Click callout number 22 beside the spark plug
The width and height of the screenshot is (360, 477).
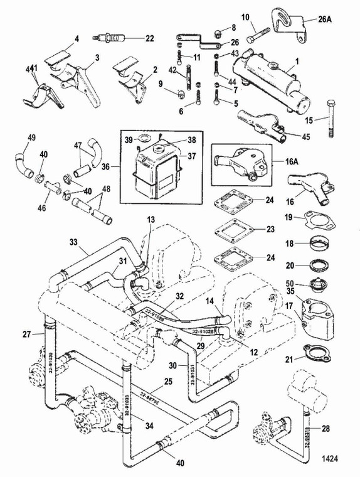tap(149, 38)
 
